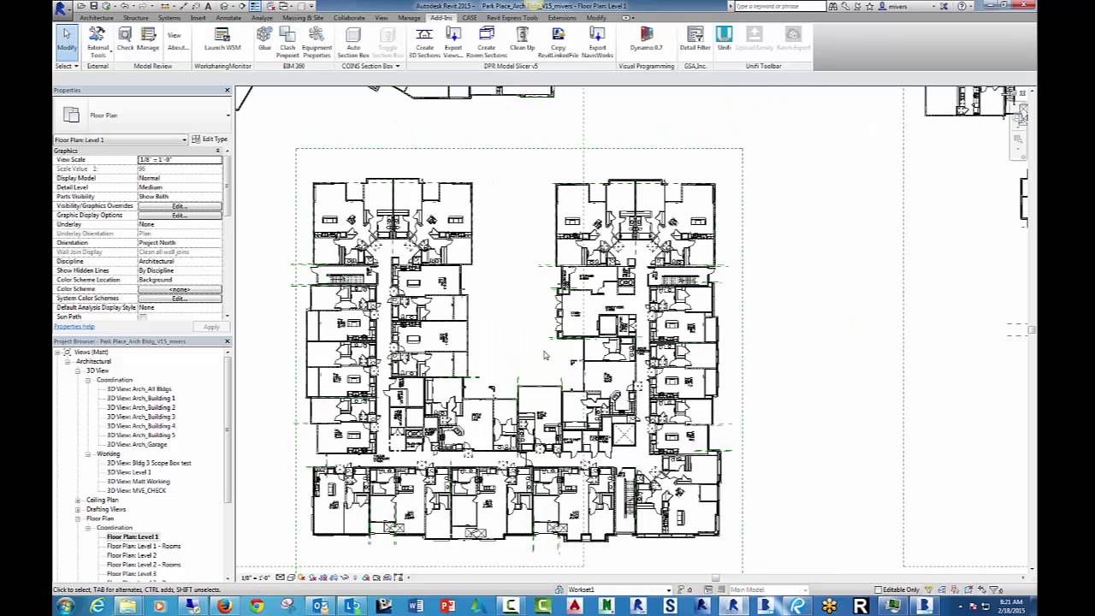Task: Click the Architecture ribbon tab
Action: coord(97,17)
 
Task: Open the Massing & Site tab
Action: coord(303,17)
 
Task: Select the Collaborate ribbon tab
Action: coord(349,17)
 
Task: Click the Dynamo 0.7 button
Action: coord(646,38)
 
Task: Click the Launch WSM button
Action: coord(222,38)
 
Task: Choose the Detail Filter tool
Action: coord(695,38)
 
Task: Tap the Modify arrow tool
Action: coord(67,38)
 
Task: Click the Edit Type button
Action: coord(210,139)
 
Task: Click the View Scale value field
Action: coord(180,160)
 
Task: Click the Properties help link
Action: coord(74,327)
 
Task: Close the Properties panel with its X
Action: coord(228,90)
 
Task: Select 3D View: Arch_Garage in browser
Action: coord(138,445)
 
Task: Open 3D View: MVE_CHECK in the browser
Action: coord(136,491)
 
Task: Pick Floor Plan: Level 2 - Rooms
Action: coord(143,565)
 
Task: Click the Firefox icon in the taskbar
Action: coord(224,606)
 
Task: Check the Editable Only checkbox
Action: coord(879,589)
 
